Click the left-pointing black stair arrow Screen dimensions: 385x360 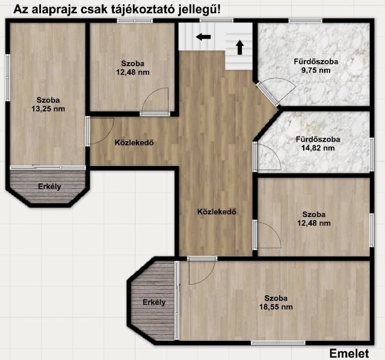coord(203,37)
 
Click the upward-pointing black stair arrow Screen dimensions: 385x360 coord(240,47)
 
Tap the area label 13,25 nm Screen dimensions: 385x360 coord(48,109)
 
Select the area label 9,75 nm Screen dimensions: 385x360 coord(316,70)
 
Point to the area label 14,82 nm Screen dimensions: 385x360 coord(318,148)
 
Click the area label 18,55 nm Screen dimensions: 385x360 coord(276,307)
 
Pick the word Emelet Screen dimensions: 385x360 coord(349,353)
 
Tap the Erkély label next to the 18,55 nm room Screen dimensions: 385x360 coord(154,302)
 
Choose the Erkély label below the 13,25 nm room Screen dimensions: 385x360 coord(49,187)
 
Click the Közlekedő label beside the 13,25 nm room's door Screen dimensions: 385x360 coord(134,142)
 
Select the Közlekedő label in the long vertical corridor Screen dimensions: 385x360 coord(217,212)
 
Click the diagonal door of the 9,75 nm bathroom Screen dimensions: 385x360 coord(268,95)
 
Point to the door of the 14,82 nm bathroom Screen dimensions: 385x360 coord(256,156)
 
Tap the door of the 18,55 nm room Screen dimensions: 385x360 coord(202,258)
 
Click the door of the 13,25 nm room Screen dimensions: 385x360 coord(88,132)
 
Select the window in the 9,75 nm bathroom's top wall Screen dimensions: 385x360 coord(305,20)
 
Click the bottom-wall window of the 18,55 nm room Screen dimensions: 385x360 coord(278,343)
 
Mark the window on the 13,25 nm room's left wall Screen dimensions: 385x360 coord(8,78)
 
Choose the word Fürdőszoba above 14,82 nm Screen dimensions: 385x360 coord(318,139)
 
